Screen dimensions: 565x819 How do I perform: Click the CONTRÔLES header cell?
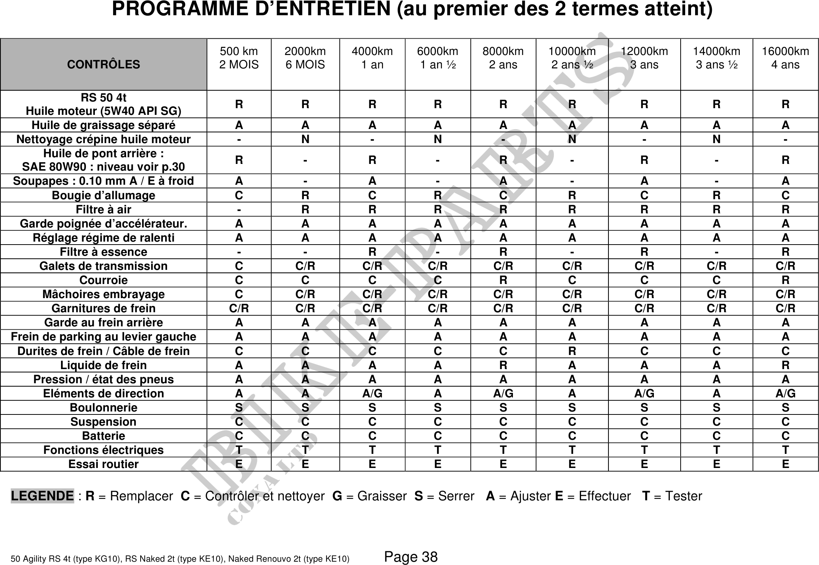103,64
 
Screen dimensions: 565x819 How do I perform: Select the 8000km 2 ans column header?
503,58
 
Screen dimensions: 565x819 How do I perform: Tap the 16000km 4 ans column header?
785,58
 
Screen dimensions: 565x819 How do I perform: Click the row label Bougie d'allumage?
103,195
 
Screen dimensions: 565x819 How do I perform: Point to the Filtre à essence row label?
103,252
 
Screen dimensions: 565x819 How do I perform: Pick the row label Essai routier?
103,464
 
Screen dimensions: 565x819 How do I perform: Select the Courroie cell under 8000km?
503,280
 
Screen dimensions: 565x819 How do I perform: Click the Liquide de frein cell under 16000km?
785,365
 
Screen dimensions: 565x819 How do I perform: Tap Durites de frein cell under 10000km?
572,351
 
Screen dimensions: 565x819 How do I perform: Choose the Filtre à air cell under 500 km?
239,210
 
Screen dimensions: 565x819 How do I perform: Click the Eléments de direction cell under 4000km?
372,393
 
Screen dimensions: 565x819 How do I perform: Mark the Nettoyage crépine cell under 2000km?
305,139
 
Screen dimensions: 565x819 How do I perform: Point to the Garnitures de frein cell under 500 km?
239,308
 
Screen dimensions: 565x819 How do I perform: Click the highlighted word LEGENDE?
42,496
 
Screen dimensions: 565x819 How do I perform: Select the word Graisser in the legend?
382,496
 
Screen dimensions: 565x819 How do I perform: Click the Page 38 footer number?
411,557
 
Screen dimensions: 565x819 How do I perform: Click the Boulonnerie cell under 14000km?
716,408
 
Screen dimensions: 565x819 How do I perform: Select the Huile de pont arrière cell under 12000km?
644,160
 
